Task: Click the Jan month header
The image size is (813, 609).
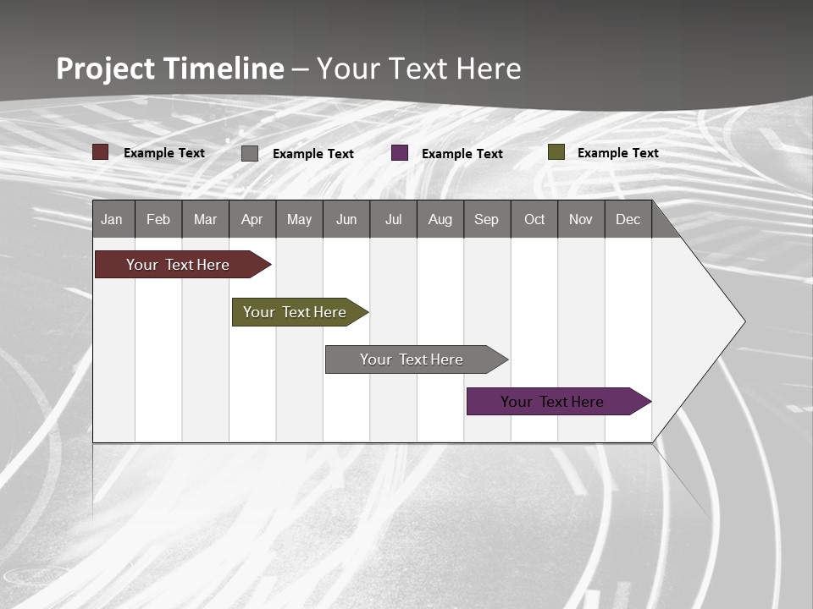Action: [x=112, y=219]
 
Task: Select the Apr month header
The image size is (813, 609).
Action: [x=252, y=219]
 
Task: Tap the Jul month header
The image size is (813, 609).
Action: [x=393, y=219]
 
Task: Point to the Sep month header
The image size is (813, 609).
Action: [x=486, y=219]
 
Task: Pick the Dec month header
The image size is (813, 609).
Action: [x=628, y=219]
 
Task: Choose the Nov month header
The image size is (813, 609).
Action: [x=580, y=219]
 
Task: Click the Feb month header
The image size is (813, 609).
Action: [x=158, y=219]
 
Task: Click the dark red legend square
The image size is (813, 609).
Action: [x=101, y=152]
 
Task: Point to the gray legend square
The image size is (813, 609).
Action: [x=250, y=153]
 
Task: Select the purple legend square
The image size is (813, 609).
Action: [x=400, y=153]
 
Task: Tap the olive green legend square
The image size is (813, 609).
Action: [x=556, y=152]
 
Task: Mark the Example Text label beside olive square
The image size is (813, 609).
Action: [x=617, y=153]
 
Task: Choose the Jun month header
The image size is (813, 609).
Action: [x=346, y=219]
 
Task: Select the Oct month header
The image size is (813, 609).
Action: [x=534, y=219]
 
